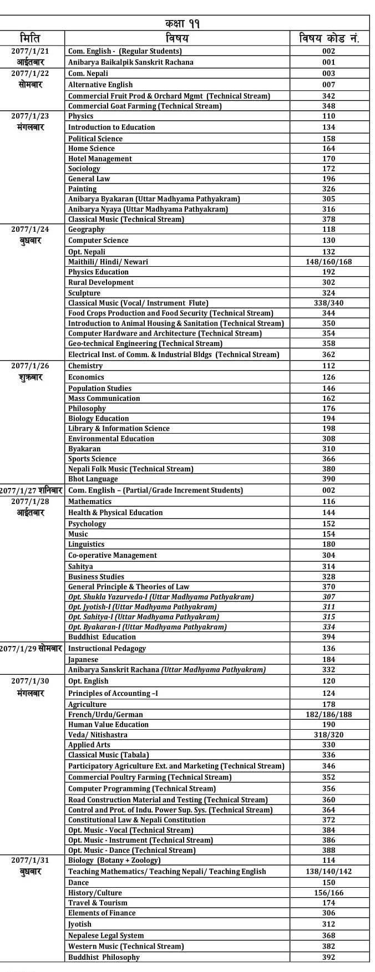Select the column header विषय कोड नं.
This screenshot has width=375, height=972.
[329, 38]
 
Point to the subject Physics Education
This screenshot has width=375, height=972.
[98, 272]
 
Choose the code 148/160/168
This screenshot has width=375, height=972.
[329, 262]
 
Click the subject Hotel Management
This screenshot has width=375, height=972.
[100, 159]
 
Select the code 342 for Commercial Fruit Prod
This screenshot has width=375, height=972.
[329, 96]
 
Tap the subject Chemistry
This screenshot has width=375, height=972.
[85, 366]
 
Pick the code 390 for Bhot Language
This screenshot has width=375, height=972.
[329, 479]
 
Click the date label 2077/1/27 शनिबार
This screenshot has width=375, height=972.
[32, 490]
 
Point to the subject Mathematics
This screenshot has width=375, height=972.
[90, 501]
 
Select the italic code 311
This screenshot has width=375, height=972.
[329, 607]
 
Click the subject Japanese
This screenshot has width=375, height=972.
[83, 660]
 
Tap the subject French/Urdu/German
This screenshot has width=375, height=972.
[105, 715]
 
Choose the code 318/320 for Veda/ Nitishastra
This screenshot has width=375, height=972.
[329, 735]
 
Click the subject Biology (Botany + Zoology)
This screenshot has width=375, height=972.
[114, 860]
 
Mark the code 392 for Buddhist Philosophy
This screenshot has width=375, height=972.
[329, 957]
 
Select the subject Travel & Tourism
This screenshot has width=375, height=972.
[98, 903]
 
